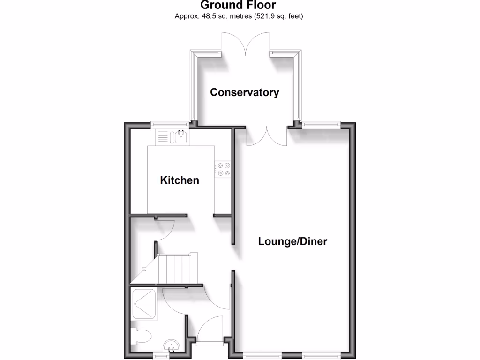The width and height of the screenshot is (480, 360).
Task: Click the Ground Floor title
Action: tap(239, 6)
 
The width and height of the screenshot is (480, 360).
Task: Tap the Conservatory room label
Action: tap(244, 92)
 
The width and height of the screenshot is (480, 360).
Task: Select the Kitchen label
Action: tap(180, 180)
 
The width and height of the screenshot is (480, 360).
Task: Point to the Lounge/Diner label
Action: tap(292, 242)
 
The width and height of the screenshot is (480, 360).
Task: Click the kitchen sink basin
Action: tap(180, 138)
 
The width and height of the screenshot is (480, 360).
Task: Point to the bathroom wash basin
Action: tap(172, 347)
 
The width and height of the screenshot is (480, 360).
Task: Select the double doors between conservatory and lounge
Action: tap(267, 136)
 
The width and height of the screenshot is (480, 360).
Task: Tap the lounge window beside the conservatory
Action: tap(321, 125)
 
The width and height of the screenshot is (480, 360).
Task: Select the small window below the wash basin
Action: tap(161, 356)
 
